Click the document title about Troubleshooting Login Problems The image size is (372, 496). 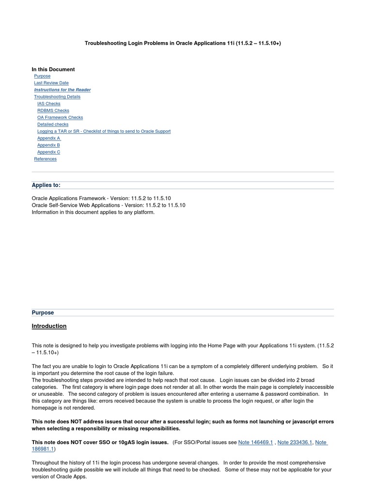[x=183, y=43]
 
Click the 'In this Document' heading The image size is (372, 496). [x=53, y=69]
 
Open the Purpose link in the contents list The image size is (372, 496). [x=42, y=76]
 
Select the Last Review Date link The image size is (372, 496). [x=51, y=83]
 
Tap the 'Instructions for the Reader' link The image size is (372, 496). [x=62, y=90]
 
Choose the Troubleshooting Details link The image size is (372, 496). [x=57, y=96]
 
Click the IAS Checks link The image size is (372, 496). [x=49, y=104]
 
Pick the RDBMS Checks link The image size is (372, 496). [x=53, y=110]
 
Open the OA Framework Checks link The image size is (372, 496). [x=60, y=117]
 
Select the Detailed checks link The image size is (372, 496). [x=53, y=124]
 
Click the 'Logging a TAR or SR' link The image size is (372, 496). [x=104, y=131]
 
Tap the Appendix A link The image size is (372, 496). [x=49, y=138]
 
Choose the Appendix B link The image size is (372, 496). [x=48, y=145]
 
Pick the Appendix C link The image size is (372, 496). [x=48, y=152]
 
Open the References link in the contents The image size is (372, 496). [x=45, y=159]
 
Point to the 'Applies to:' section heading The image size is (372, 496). [x=46, y=185]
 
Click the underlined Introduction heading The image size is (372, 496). [x=49, y=326]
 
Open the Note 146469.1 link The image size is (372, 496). [x=256, y=442]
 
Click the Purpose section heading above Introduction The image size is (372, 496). [x=43, y=312]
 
